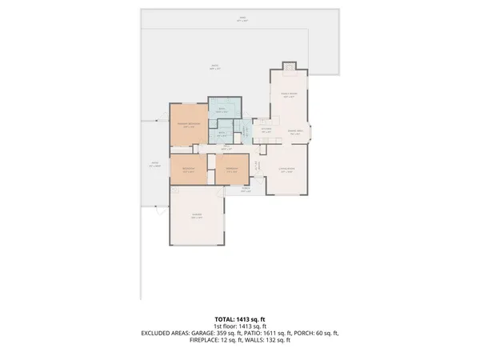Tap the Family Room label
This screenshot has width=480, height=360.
289,95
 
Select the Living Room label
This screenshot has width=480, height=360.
286,170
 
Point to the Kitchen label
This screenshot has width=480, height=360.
266,130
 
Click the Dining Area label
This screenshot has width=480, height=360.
294,133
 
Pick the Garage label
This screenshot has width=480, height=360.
196,216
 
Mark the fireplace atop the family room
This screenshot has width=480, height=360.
289,66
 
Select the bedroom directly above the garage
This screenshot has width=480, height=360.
189,170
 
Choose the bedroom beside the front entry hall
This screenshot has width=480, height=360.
231,170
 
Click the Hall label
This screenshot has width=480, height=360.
226,148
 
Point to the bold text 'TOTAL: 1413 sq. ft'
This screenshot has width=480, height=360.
240,319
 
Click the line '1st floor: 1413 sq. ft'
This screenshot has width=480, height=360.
240,326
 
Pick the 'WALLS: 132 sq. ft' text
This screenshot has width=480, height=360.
273,341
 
